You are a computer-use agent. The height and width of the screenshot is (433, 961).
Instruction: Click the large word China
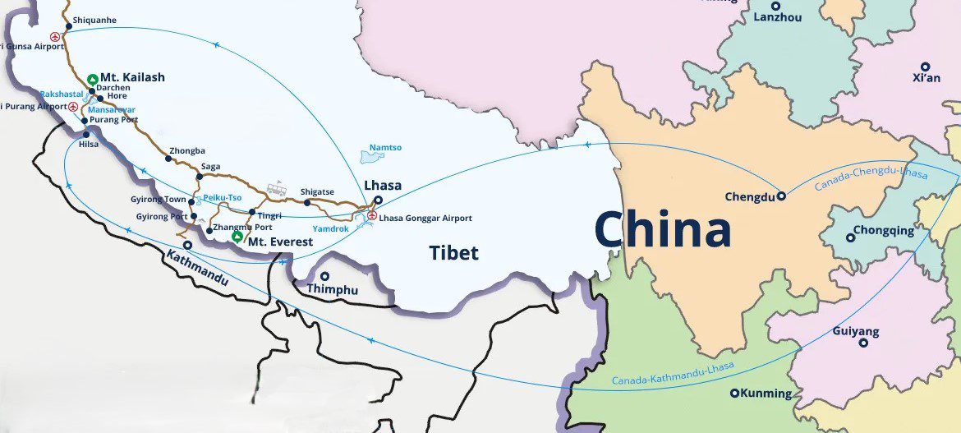(662, 229)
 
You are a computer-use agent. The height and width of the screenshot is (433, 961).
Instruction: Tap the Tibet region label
(453, 253)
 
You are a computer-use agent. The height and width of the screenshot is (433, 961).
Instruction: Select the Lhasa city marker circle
(377, 199)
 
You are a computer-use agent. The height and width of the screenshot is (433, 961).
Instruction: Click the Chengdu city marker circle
(781, 196)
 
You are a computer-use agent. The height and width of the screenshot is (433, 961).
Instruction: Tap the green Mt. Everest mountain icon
(237, 237)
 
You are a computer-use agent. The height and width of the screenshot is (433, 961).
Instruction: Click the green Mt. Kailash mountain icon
(92, 77)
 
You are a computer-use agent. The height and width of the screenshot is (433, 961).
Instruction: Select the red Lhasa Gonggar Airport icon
(372, 216)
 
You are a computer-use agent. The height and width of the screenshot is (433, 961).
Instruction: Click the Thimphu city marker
(325, 277)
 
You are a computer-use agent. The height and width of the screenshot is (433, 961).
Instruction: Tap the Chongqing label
(883, 231)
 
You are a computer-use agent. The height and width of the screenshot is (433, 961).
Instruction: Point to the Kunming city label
(766, 394)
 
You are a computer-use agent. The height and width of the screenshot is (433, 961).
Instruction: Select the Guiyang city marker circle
(863, 343)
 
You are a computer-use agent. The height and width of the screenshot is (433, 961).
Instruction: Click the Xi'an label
(926, 78)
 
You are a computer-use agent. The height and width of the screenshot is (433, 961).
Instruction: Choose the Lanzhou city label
(776, 16)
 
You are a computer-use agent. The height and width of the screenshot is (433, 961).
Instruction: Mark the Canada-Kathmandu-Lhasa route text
(673, 375)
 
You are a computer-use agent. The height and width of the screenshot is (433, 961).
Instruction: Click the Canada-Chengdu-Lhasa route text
(871, 178)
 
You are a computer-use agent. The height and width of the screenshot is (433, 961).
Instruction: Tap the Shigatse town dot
(307, 202)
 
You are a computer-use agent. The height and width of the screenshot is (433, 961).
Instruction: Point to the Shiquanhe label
(95, 20)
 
